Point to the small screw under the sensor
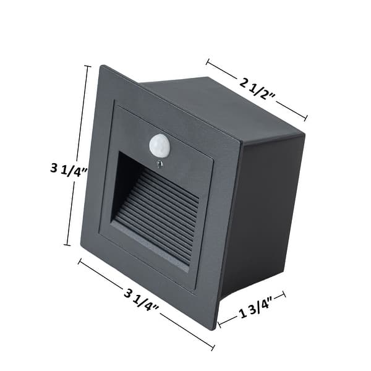tap(160, 164)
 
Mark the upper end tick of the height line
tap(87, 66)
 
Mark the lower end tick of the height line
tap(67, 245)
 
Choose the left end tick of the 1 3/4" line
tap(220, 322)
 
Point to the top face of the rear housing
tap(223, 105)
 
